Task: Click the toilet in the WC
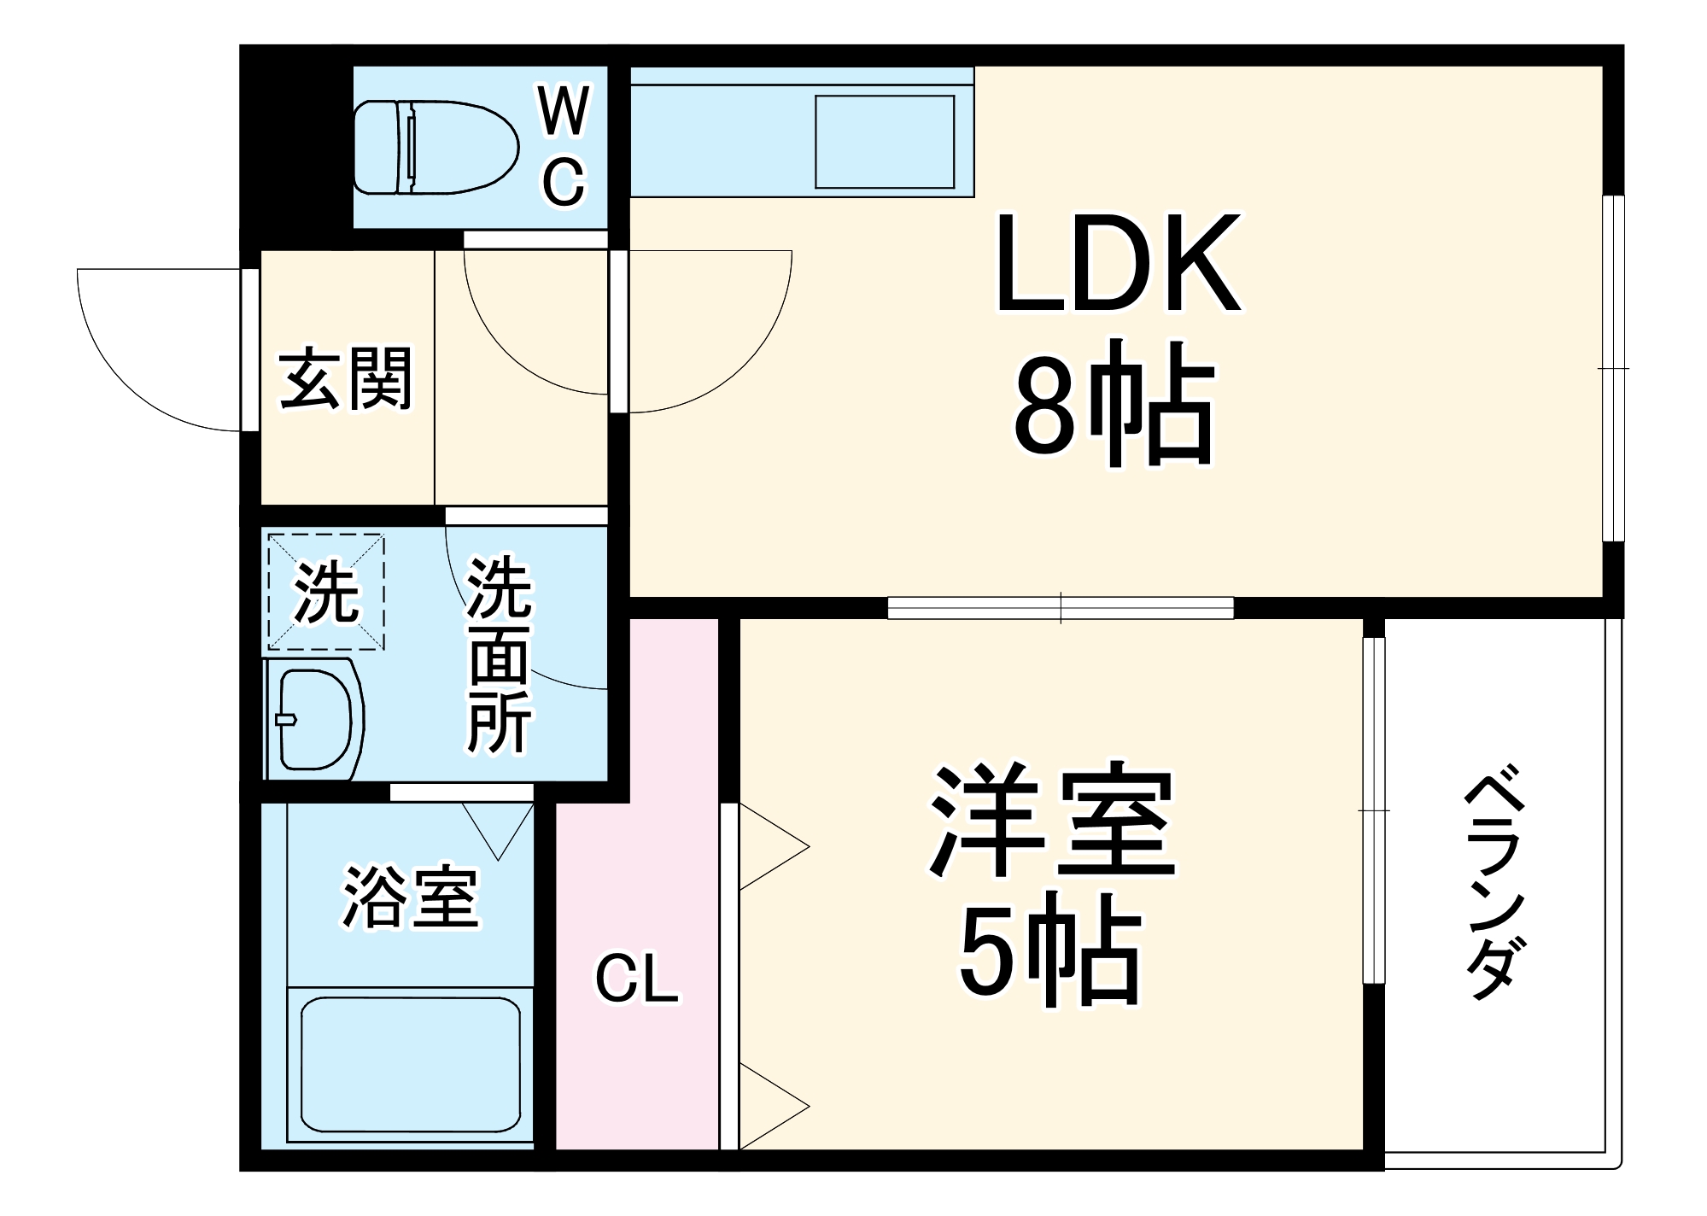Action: click(436, 147)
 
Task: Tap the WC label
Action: click(564, 147)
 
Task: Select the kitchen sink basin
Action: click(884, 142)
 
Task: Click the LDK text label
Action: click(1118, 265)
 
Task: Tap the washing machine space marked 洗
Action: click(325, 592)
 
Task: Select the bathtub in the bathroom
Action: click(410, 1064)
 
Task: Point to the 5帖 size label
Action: click(1049, 956)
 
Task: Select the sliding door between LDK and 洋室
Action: click(1061, 608)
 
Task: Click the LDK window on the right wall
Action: click(1612, 368)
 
